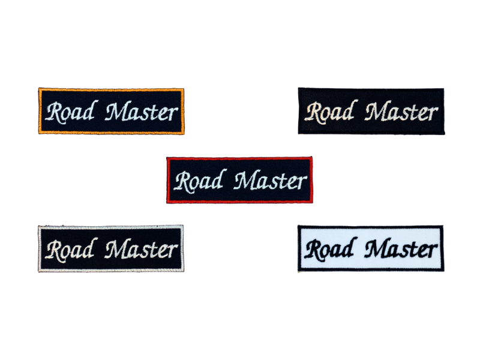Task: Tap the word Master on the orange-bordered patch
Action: [142, 112]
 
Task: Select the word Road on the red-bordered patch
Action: [197, 180]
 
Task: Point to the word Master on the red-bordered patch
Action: [271, 181]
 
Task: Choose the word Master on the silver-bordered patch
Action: [142, 249]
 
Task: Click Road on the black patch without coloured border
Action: [329, 112]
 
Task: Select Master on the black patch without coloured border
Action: [401, 112]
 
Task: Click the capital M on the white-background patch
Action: [377, 248]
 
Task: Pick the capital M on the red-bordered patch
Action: [246, 181]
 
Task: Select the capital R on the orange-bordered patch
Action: [53, 112]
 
